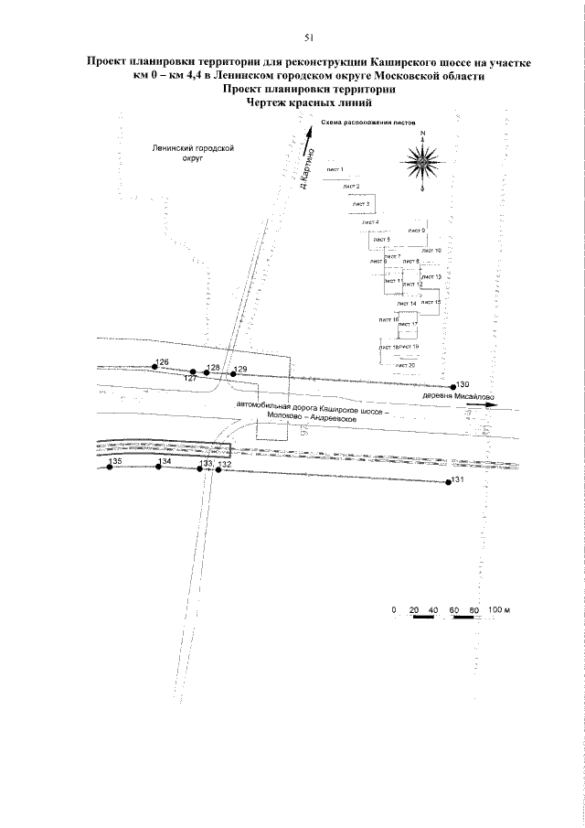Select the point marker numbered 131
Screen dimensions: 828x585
tap(448, 481)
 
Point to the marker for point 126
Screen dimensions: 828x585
tap(154, 368)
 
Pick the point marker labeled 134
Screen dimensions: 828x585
tap(158, 468)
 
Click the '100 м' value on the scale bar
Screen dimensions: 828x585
tap(497, 609)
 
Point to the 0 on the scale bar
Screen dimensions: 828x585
tap(393, 609)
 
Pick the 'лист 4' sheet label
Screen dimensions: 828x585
tap(369, 222)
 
